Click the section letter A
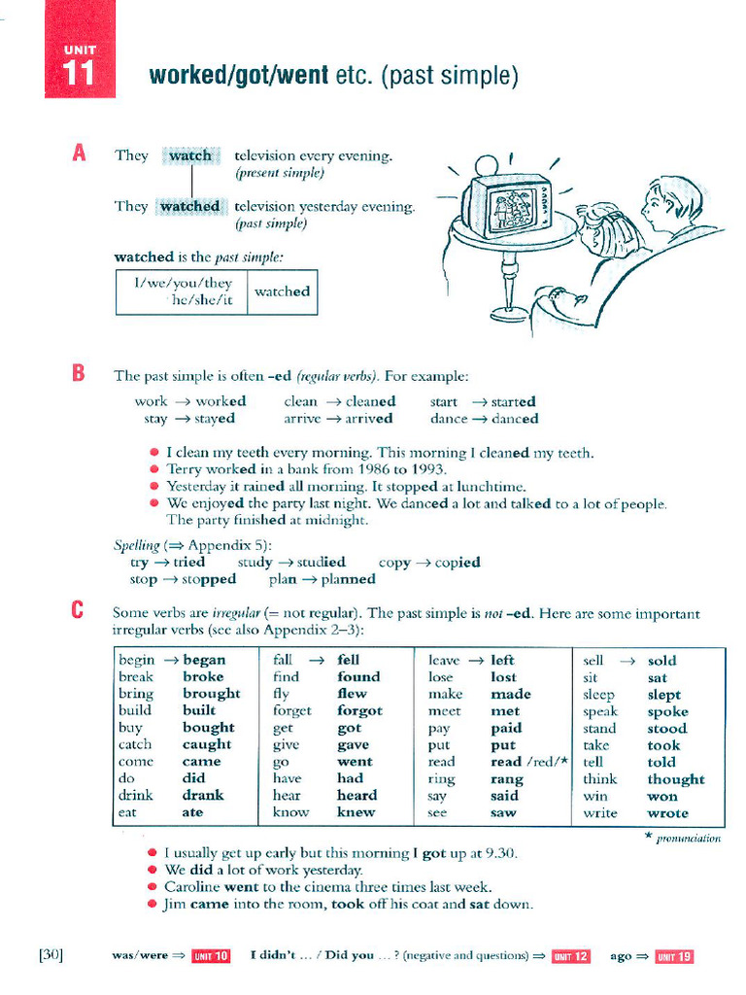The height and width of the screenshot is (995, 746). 80,154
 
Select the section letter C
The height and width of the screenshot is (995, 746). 80,612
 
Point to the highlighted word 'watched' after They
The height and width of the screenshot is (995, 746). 189,206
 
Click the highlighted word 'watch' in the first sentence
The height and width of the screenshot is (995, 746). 190,155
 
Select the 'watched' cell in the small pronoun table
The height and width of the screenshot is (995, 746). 282,292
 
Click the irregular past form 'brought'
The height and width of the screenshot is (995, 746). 211,694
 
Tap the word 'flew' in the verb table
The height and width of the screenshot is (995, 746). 352,694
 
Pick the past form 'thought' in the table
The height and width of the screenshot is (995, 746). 676,779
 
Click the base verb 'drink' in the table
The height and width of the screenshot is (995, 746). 136,795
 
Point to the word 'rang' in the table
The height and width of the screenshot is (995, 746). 507,779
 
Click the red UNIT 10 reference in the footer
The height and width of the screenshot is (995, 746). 211,956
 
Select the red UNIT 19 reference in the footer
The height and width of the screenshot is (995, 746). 674,956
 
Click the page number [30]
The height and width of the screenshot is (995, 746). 51,955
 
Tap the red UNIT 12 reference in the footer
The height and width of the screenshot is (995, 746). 570,956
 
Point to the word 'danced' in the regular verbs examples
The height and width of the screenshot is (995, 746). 515,419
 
